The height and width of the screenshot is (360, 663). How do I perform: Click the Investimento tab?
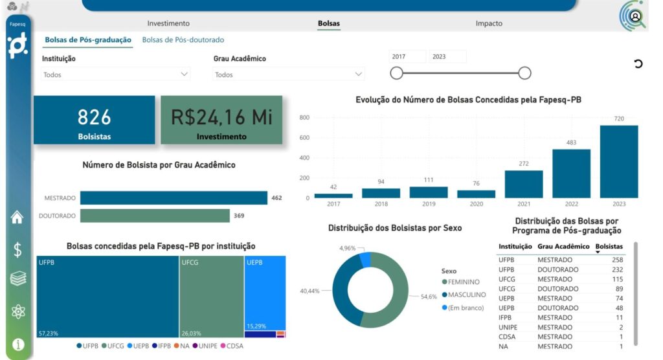(x=168, y=23)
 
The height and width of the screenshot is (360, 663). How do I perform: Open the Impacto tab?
(x=489, y=23)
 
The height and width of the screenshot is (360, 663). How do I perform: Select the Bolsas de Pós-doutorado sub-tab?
(x=183, y=40)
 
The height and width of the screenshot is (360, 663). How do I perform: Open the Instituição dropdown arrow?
(x=184, y=74)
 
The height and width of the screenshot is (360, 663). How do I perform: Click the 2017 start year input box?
(x=407, y=57)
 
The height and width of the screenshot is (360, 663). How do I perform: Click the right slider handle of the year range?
(x=525, y=73)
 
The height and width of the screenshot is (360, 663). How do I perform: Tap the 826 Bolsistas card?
(x=95, y=120)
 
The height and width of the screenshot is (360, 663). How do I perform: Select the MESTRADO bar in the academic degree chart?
(x=174, y=198)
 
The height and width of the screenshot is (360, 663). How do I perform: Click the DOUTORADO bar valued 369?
(x=155, y=216)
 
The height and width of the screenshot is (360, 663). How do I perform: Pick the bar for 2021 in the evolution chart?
(x=524, y=185)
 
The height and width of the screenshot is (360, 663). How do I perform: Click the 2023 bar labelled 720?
(x=619, y=162)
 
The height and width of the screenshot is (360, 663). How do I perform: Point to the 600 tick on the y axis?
(x=304, y=138)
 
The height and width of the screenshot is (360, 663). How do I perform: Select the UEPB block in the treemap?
(x=265, y=288)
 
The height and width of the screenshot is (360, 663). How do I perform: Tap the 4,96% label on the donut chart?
(x=348, y=248)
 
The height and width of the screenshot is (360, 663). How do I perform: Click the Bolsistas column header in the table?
(x=609, y=247)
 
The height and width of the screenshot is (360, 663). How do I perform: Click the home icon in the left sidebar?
(x=18, y=218)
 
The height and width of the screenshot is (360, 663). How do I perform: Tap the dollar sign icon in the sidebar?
(x=18, y=250)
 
